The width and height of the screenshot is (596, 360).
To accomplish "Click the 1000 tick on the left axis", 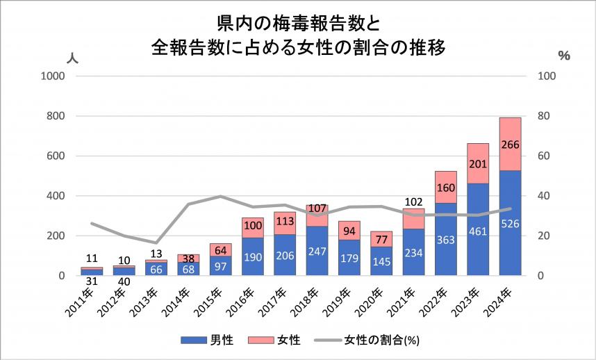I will click(54, 76).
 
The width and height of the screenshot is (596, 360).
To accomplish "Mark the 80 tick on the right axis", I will click(547, 116).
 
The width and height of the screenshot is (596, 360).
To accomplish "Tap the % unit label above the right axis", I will click(563, 56).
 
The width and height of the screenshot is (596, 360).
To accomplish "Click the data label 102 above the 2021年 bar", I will click(413, 202).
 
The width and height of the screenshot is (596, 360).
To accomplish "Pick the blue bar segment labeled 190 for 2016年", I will click(253, 256).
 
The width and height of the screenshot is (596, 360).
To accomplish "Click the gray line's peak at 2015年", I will click(221, 196).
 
